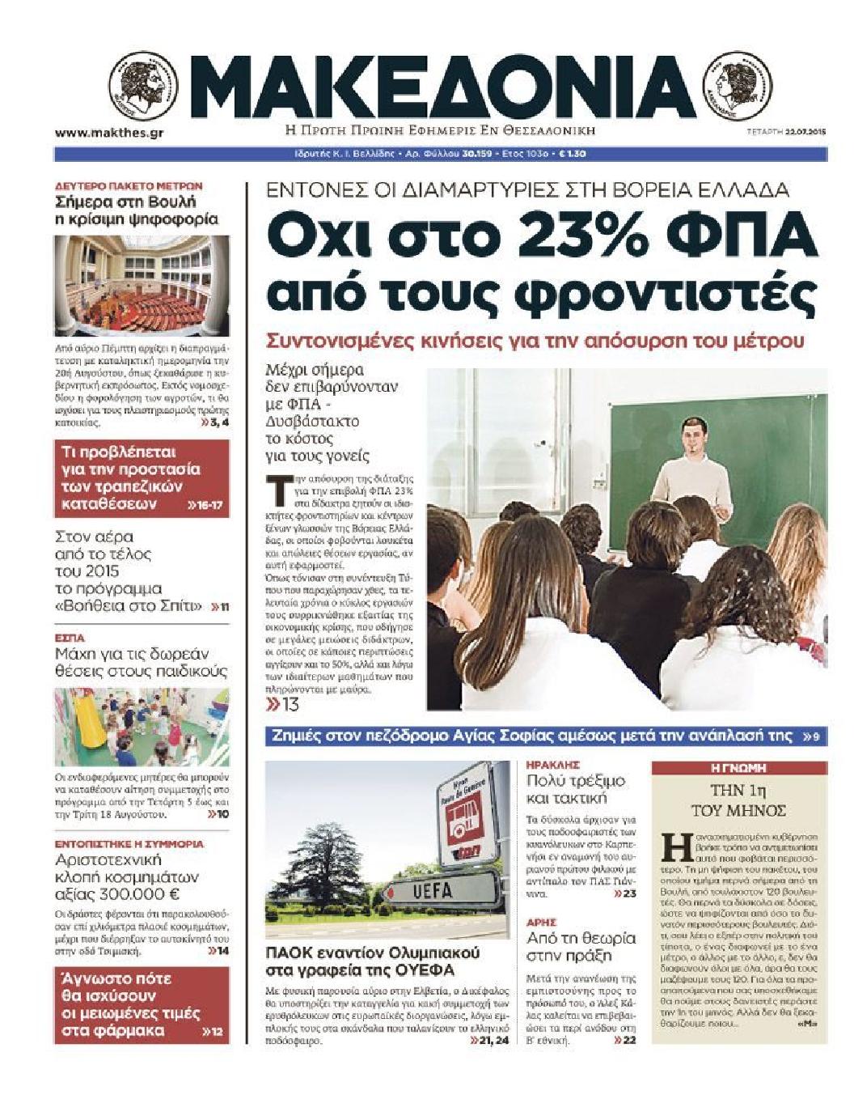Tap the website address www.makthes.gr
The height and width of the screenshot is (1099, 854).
[x=110, y=133]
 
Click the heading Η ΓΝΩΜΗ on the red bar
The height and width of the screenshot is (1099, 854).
[x=738, y=768]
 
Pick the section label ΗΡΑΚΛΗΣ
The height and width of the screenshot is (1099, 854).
[x=553, y=764]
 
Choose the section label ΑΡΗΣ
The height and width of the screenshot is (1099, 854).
[x=541, y=922]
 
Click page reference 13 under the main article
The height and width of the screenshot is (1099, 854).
[x=284, y=705]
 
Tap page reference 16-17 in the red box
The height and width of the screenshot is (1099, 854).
[x=205, y=505]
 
